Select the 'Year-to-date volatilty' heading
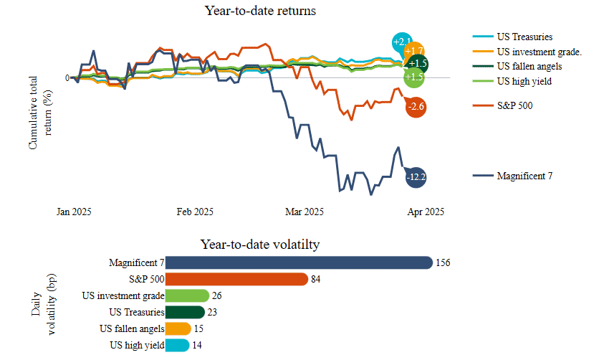tap(259, 245)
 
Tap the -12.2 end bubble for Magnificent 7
tap(416, 176)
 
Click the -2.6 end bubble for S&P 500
tap(416, 108)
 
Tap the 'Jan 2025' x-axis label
tap(74, 212)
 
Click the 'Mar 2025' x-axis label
tap(305, 212)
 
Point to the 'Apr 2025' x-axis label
tap(426, 212)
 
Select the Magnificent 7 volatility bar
tap(299, 263)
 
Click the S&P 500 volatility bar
tap(237, 280)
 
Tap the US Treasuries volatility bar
tap(185, 313)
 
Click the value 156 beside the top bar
tap(443, 263)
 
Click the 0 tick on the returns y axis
tap(67, 78)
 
